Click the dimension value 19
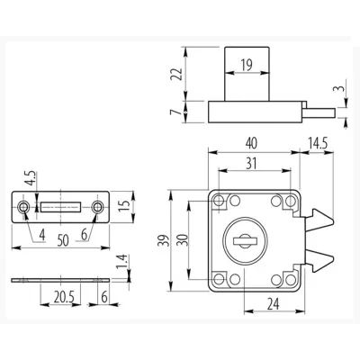[247, 65]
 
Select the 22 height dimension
[176, 74]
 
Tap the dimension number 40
[251, 143]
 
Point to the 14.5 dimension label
[318, 143]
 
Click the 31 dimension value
[251, 164]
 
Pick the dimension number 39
[164, 240]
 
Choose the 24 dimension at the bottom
[274, 304]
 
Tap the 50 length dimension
[63, 240]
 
